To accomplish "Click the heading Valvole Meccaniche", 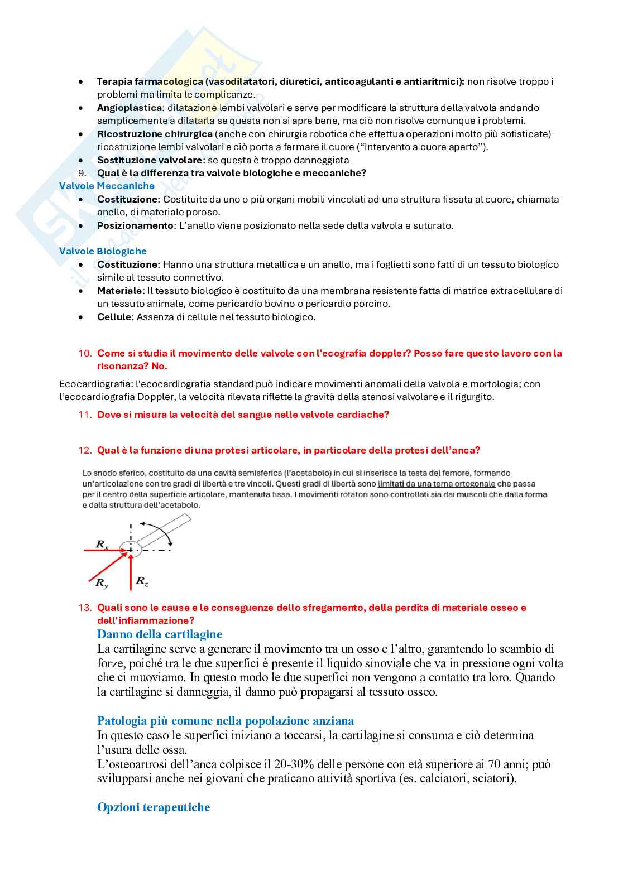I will (107, 186).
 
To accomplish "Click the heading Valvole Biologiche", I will (103, 252).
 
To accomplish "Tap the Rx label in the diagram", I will (102, 544).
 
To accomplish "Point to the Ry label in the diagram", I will (102, 584).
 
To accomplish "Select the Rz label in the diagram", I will (142, 581).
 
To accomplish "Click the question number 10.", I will (84, 353).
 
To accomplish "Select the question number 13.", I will (84, 608).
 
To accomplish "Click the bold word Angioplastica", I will (130, 108).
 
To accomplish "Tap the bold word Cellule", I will (114, 317).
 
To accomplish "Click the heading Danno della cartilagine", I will (160, 634).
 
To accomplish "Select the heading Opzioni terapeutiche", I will (154, 807).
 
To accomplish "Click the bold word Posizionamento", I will (135, 225).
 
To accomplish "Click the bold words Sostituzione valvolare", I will (150, 160).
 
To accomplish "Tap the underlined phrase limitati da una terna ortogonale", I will (436, 484).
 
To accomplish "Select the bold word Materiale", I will (119, 291).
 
